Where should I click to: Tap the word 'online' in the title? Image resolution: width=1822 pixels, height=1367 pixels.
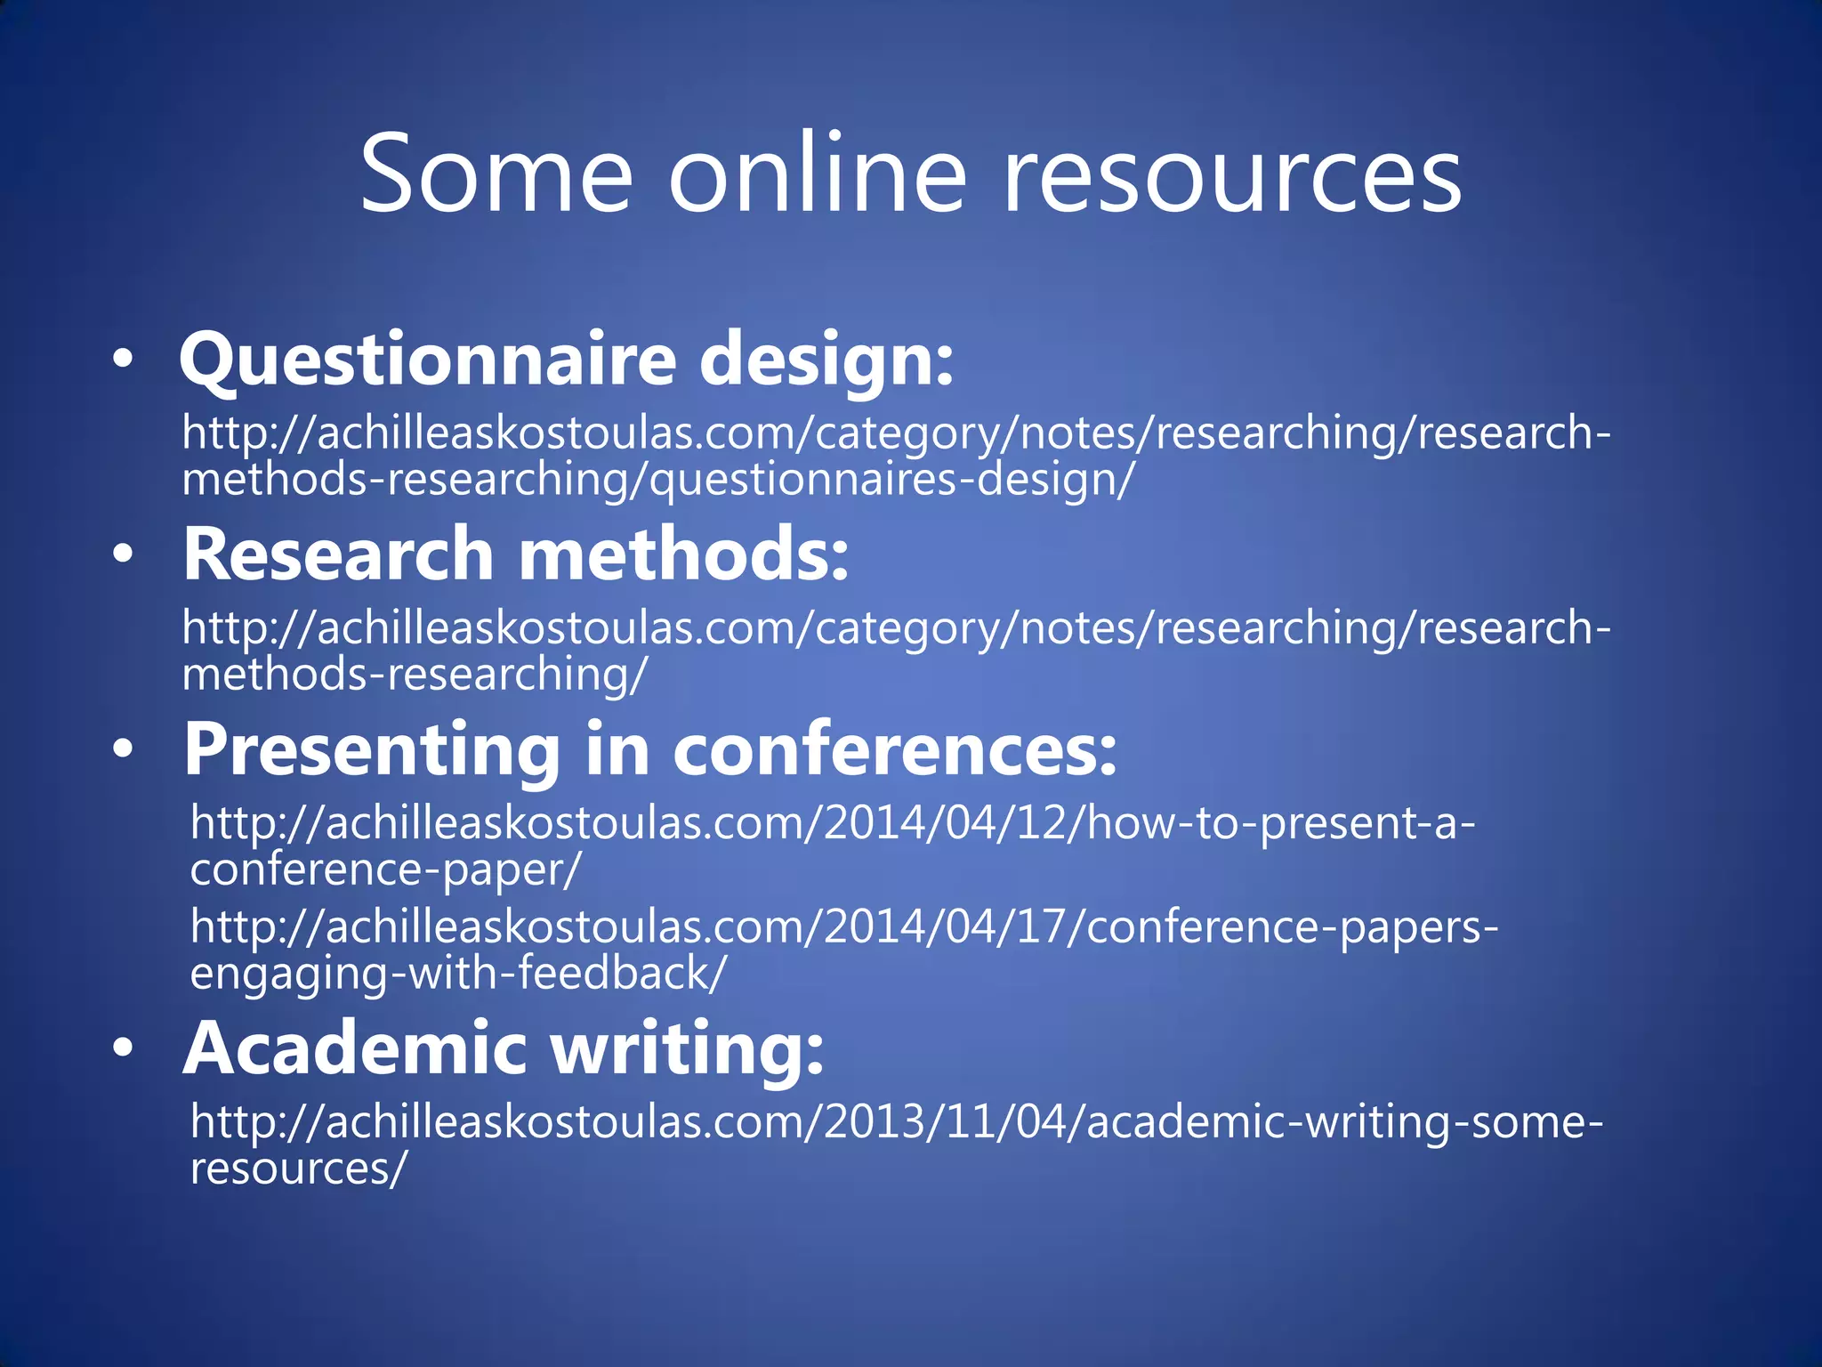click(x=817, y=173)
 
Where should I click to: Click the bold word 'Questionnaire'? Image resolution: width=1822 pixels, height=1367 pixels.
click(x=428, y=360)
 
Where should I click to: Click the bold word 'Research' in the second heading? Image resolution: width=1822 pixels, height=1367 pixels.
click(x=338, y=554)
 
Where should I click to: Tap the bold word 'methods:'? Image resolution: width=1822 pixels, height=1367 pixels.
click(x=684, y=554)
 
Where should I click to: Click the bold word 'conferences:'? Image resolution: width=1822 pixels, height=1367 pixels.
click(x=894, y=750)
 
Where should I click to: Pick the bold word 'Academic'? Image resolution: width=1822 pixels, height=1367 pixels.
click(x=355, y=1048)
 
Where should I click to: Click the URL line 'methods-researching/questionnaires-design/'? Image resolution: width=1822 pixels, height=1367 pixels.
click(x=658, y=480)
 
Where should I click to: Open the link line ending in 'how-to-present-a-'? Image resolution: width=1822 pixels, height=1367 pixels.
click(x=833, y=822)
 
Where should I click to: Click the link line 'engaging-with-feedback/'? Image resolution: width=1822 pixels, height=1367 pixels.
click(x=458, y=973)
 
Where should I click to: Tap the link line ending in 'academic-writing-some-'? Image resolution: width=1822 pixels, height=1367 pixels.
click(x=897, y=1121)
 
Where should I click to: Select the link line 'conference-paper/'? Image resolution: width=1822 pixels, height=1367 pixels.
click(x=385, y=869)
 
